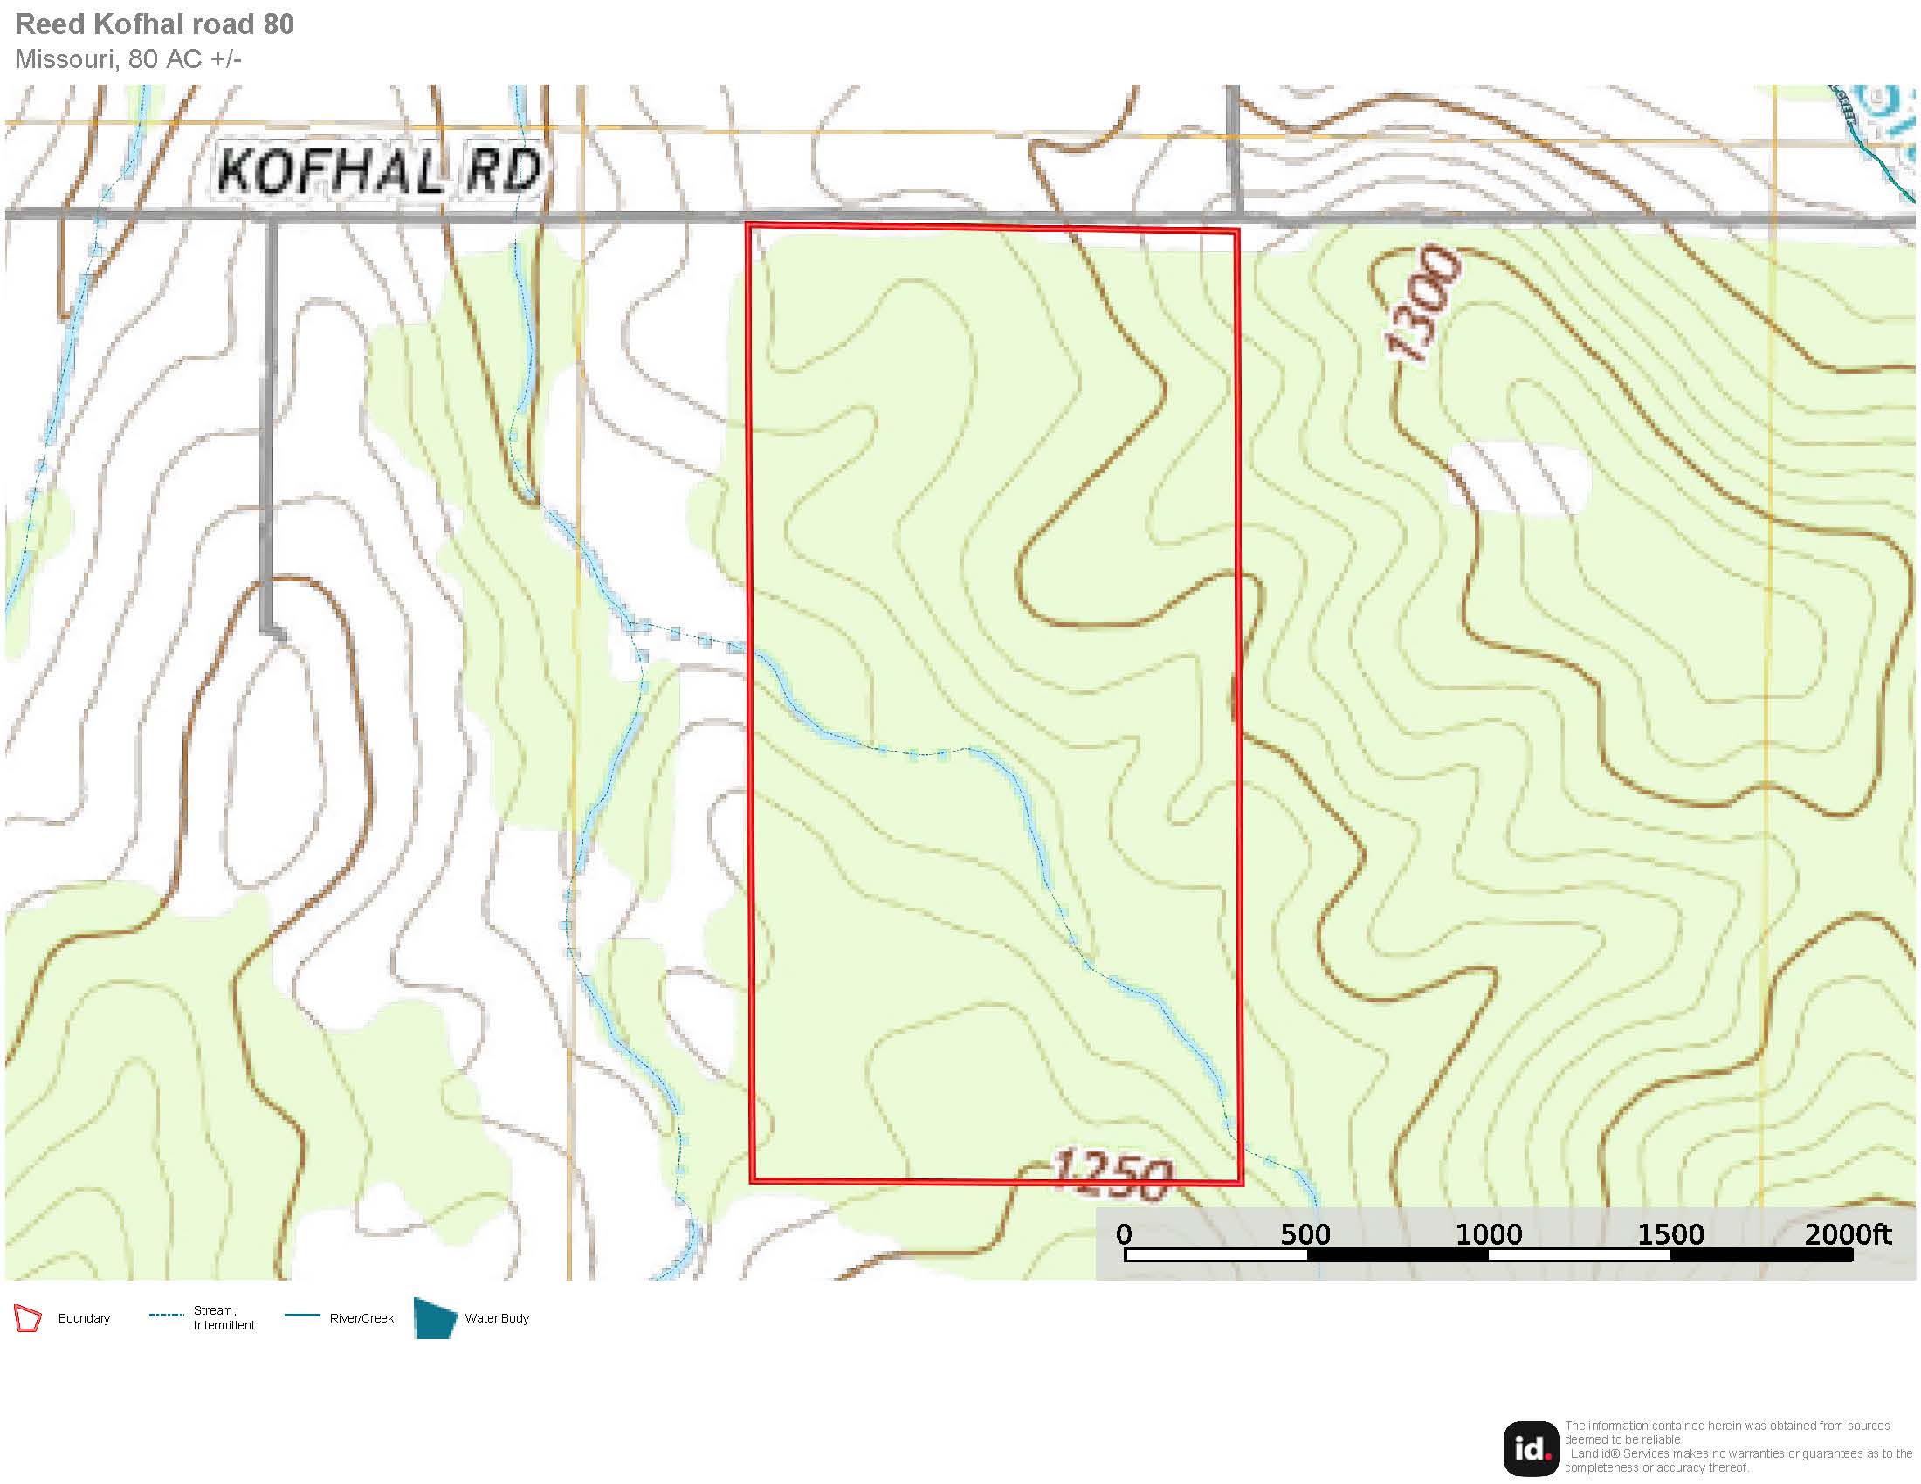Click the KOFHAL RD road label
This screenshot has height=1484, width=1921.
pos(378,170)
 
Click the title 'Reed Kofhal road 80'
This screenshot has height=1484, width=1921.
pos(155,24)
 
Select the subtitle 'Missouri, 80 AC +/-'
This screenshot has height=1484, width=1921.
pos(128,58)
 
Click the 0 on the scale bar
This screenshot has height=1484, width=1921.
pos(1123,1234)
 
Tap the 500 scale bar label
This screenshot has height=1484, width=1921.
pos(1305,1234)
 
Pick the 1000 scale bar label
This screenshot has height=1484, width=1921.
pos(1488,1234)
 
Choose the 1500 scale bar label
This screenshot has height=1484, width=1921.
pos(1670,1234)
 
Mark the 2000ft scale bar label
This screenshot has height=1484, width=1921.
pos(1847,1234)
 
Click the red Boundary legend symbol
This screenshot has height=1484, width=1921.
pos(27,1319)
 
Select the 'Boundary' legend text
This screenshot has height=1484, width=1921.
pos(84,1319)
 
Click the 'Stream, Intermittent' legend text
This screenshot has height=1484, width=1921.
pos(224,1318)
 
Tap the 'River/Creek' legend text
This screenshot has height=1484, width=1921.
pos(361,1319)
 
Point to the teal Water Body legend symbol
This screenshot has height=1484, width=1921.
pos(435,1318)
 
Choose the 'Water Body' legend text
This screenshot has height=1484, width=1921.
pos(497,1319)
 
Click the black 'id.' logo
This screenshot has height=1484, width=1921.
pos(1531,1448)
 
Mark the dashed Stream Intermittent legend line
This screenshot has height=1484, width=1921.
pos(166,1316)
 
